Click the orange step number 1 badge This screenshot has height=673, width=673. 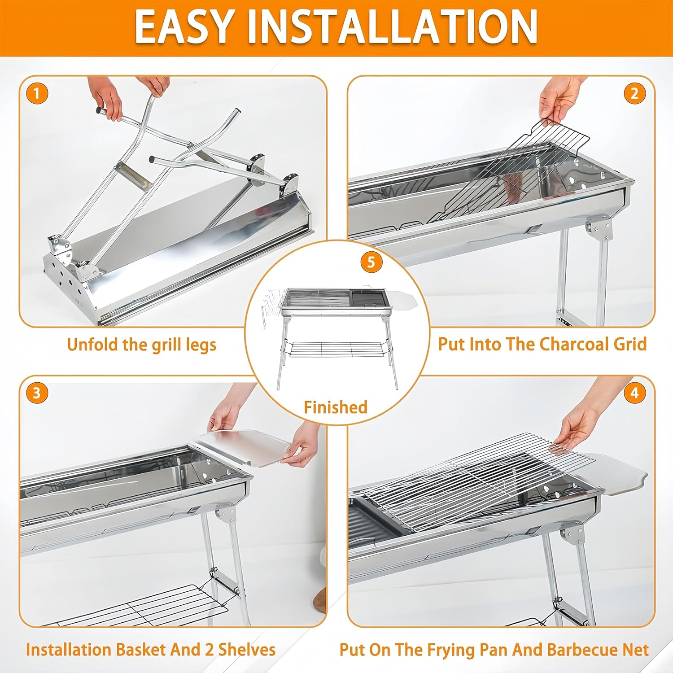pos(37,94)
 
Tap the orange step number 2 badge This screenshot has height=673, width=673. pos(634,94)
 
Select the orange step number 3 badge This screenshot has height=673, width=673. pos(37,393)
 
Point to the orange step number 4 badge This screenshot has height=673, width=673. pos(634,393)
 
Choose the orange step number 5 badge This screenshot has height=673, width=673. pos(371,262)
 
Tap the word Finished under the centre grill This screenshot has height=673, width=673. pos(336,407)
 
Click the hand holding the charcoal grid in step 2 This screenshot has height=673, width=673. pos(559,96)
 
